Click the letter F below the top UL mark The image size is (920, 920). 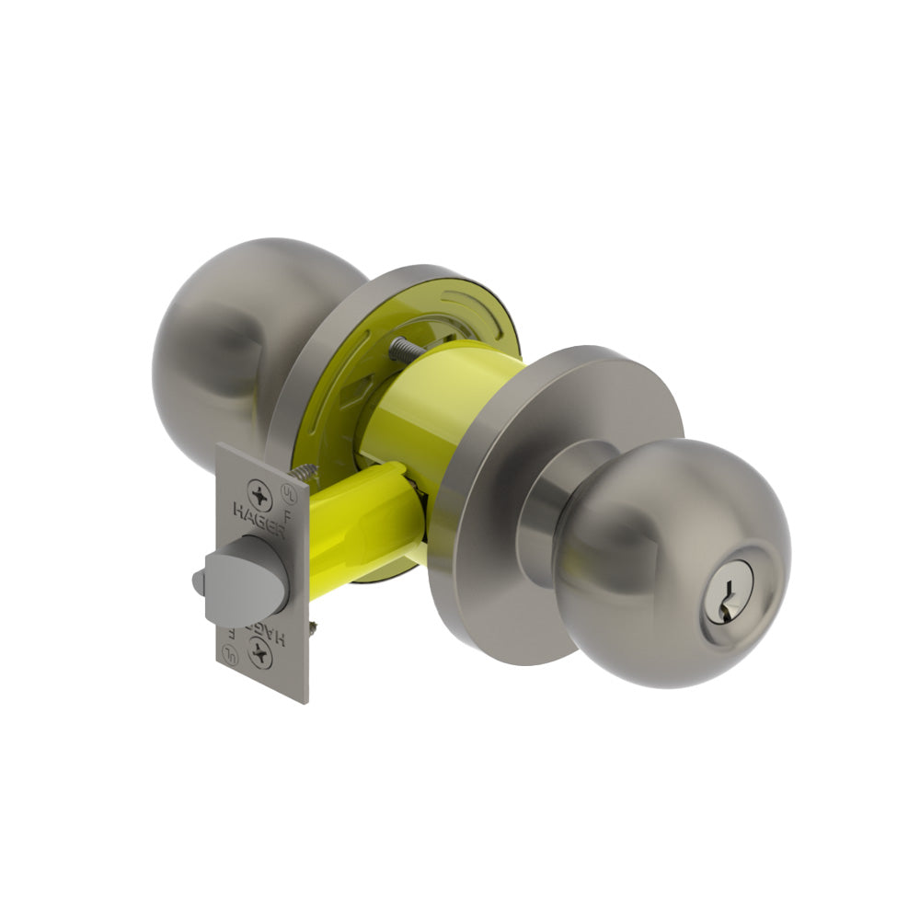click(288, 517)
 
